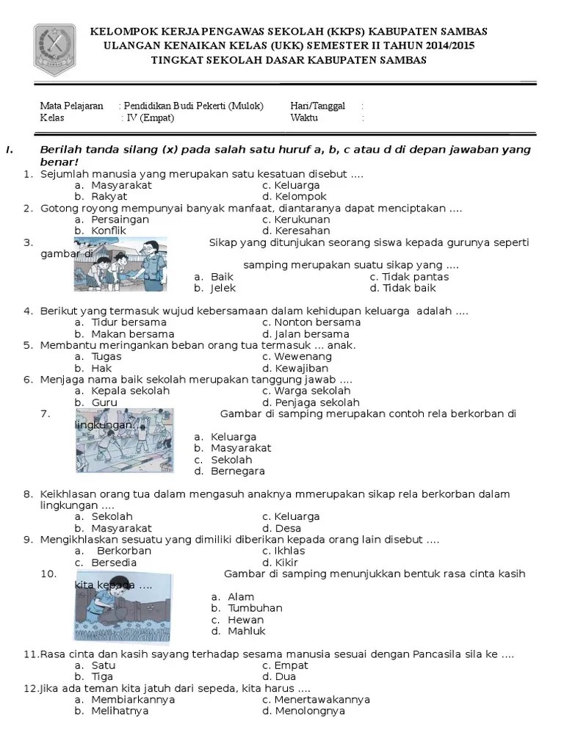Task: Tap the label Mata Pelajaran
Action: point(71,106)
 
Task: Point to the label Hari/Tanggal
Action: point(317,106)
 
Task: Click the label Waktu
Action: point(304,117)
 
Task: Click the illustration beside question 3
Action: point(120,264)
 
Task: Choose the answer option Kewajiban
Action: point(301,368)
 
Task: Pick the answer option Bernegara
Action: point(237,471)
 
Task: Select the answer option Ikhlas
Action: point(289,551)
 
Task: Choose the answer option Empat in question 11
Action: point(291,665)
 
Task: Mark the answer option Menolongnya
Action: point(309,711)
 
